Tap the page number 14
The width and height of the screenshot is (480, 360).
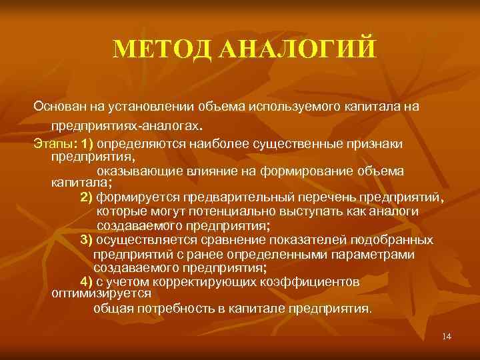click(447, 337)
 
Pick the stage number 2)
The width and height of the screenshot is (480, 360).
click(87, 197)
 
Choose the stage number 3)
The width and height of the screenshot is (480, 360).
click(87, 240)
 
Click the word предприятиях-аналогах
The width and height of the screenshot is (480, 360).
click(125, 125)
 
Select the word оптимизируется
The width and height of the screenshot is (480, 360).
click(101, 293)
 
